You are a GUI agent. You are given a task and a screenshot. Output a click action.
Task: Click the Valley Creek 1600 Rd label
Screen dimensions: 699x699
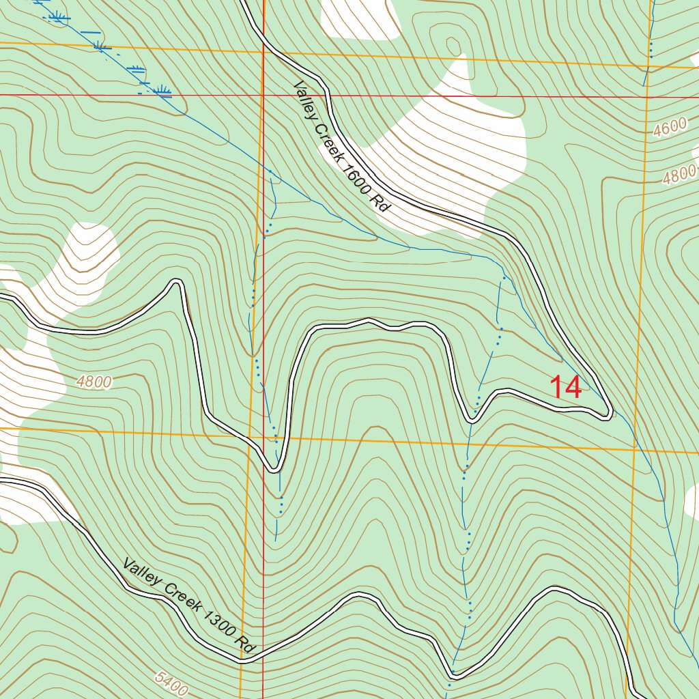tap(340, 147)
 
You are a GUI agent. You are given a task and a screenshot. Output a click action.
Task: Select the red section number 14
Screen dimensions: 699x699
tap(567, 388)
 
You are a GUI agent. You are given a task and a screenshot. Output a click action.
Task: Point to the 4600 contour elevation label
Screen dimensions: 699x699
tap(669, 128)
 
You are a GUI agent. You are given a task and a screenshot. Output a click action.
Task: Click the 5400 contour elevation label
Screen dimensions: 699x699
tap(171, 683)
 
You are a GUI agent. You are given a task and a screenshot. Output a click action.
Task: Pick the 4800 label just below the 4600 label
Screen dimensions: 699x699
tap(679, 175)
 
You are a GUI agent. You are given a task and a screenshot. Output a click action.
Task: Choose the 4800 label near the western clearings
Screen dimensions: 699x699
tap(94, 382)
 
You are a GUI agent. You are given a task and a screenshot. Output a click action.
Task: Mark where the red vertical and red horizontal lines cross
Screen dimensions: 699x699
tap(263, 95)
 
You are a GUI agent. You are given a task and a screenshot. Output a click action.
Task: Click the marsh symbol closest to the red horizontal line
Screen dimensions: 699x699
tap(162, 89)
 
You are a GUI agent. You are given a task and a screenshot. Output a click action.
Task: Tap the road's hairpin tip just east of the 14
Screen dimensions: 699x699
tap(610, 414)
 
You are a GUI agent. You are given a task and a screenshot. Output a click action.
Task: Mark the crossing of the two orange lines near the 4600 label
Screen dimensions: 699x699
tap(647, 66)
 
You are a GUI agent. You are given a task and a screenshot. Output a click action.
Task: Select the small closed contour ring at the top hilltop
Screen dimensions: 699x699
tap(453, 46)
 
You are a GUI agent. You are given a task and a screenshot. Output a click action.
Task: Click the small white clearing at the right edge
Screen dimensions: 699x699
tap(691, 502)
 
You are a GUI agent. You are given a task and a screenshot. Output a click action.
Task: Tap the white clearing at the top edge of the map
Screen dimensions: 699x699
tap(360, 17)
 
